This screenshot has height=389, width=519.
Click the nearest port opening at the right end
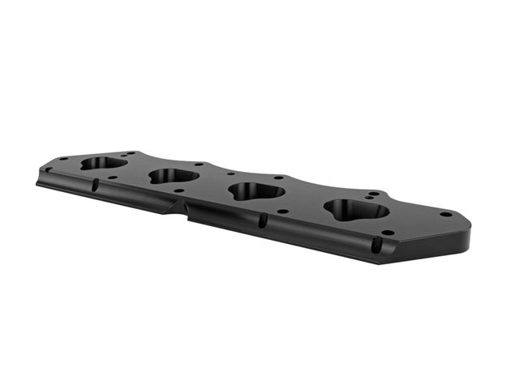356,210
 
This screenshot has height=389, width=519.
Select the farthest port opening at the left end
104,162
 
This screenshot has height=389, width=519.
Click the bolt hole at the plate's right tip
445,215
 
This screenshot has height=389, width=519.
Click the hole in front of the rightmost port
388,233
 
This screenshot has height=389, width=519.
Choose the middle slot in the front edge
262,220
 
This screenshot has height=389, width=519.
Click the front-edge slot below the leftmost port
95,186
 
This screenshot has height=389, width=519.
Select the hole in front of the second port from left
178,191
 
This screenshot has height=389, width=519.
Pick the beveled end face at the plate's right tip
465,237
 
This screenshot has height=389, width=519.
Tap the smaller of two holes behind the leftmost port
123,154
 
